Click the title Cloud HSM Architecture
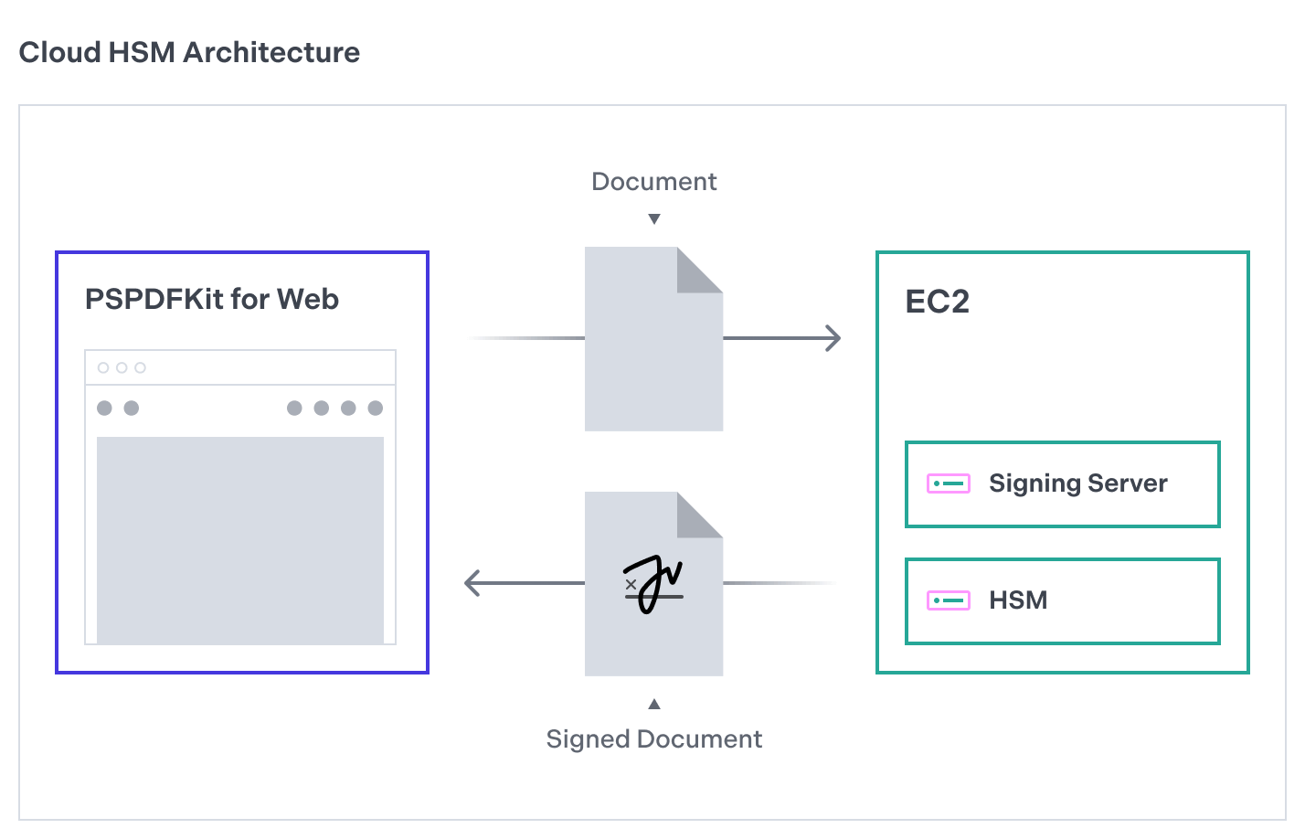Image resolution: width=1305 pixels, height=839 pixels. pos(189,53)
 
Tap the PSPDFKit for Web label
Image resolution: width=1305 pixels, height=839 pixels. pos(211,300)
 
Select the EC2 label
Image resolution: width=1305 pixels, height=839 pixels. pos(937,302)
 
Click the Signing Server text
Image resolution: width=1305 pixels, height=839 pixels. pos(1077,483)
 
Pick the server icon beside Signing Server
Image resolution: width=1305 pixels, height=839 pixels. pos(948,483)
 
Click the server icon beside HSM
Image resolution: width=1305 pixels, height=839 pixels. pos(948,600)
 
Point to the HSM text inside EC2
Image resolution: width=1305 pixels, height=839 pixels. pos(1018,600)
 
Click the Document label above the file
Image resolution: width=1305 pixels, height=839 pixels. pos(653,182)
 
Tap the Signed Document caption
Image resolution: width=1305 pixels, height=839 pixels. pos(653,739)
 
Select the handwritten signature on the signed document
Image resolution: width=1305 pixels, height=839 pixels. pos(654,583)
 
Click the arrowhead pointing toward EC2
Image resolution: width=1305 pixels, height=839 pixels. pos(833,338)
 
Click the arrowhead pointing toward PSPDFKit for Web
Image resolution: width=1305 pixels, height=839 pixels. pos(472,583)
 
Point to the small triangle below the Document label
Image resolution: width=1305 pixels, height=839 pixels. pos(654,219)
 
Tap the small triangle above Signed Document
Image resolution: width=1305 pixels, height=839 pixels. pos(654,704)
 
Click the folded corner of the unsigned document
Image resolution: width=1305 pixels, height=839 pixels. pos(699,271)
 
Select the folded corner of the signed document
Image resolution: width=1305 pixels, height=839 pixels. pos(699,515)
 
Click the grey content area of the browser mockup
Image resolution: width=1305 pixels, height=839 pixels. pos(240,539)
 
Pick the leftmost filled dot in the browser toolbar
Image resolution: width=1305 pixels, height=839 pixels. pos(105,408)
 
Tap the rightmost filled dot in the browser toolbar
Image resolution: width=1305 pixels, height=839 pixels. pos(375,408)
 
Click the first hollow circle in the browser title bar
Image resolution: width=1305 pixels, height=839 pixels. pos(103,367)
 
